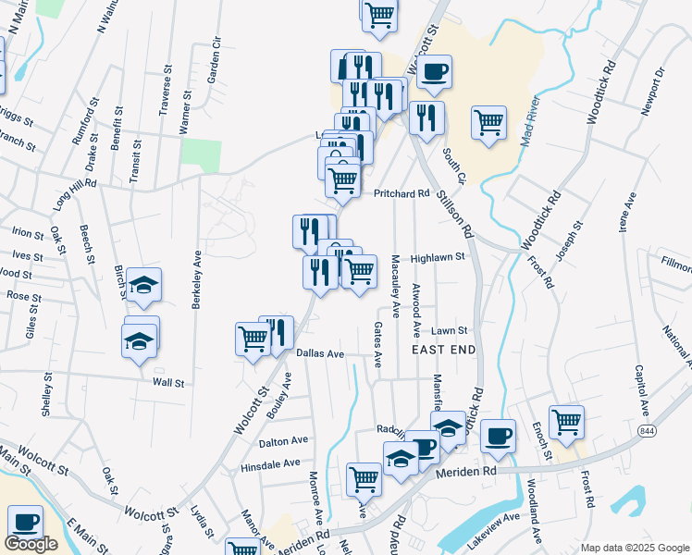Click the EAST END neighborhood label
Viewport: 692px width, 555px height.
[443, 350]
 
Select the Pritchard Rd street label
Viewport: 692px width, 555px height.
[402, 194]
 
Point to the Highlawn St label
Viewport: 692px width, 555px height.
[437, 259]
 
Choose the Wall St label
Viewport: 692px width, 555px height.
[168, 382]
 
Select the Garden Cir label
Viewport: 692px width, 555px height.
[216, 61]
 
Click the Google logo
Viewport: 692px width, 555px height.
[31, 544]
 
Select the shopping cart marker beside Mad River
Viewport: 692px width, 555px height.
[488, 121]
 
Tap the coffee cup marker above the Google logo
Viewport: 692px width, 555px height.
[24, 523]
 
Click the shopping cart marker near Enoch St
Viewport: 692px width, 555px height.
[566, 422]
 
